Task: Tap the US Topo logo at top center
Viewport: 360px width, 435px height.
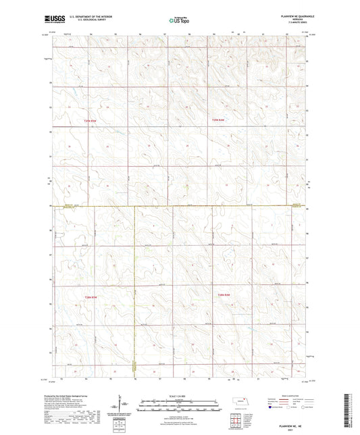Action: click(179, 20)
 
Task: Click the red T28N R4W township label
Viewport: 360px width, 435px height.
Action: click(224, 296)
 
